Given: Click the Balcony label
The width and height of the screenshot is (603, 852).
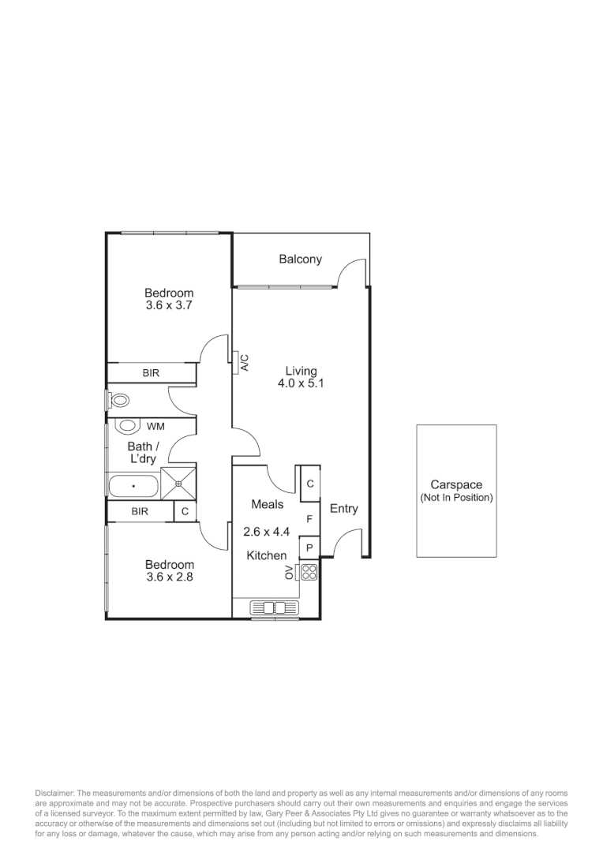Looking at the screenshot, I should point(300,260).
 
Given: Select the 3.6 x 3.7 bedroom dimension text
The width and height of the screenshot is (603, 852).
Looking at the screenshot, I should point(169,305).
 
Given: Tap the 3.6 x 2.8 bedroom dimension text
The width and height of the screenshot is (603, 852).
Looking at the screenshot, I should point(169,577).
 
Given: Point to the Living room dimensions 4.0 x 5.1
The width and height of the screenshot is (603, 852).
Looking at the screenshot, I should point(301,383).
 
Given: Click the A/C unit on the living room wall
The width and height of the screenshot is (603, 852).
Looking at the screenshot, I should point(244,362).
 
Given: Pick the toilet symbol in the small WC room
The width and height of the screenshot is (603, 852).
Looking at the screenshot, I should point(118,400).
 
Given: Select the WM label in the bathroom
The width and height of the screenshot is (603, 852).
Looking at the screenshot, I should point(155,427).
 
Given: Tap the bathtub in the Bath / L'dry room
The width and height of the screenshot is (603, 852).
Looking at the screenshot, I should point(133,486).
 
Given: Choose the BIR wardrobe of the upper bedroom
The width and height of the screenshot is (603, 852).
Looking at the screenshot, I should point(152,373).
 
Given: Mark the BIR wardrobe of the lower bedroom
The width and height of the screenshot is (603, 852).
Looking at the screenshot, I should point(140,512).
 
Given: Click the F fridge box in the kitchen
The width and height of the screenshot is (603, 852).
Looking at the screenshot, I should point(310,519).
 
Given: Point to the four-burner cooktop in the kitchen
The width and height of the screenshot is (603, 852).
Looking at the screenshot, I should point(309,573).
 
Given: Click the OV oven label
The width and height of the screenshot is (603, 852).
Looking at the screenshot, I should point(289,573).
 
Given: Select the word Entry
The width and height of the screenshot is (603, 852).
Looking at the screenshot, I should point(343,509).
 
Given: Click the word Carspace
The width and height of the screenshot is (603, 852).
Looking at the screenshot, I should point(456,485).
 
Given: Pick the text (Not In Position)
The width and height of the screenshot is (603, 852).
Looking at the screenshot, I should point(456,498).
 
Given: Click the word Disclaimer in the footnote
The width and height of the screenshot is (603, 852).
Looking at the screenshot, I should point(54,792).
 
